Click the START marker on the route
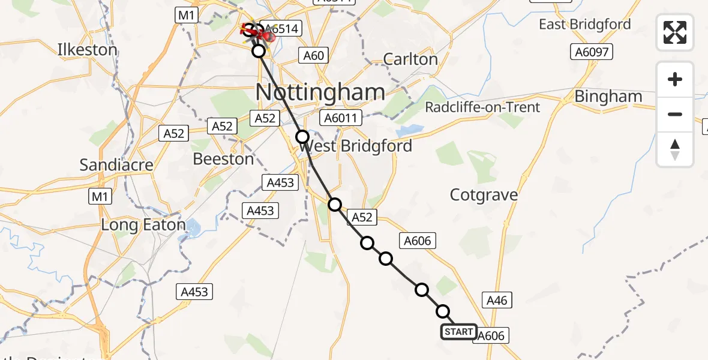[x=459, y=332]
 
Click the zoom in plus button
[x=675, y=79]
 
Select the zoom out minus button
[x=675, y=114]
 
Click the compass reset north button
[x=675, y=149]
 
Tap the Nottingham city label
[x=320, y=92]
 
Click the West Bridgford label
[x=355, y=146]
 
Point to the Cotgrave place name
[x=484, y=195]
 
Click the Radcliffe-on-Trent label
[x=482, y=107]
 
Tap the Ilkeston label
[x=87, y=49]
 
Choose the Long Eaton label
[x=143, y=225]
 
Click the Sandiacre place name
[x=116, y=164]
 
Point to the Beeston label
[x=223, y=159]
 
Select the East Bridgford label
[x=584, y=25]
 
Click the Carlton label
[x=410, y=59]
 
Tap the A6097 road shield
[x=592, y=52]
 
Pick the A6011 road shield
[x=340, y=118]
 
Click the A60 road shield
[x=313, y=56]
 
